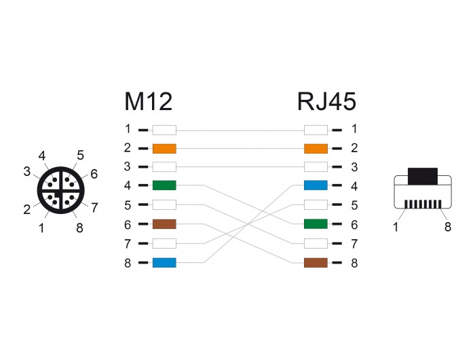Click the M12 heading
[148, 102]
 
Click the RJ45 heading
[326, 102]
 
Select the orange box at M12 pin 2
[164, 149]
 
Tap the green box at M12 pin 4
[164, 185]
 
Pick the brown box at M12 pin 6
[164, 224]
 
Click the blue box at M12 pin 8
[164, 263]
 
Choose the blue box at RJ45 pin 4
[316, 185]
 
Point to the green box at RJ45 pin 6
[316, 224]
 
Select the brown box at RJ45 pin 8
[316, 263]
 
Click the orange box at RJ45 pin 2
[316, 149]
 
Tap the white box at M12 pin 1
[164, 130]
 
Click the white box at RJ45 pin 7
[316, 244]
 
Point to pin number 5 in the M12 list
[128, 205]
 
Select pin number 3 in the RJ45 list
[354, 167]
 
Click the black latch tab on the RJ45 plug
[423, 176]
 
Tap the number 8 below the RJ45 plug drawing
[448, 227]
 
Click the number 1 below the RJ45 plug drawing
[396, 227]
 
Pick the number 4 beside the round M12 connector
[42, 156]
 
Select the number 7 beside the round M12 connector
[94, 208]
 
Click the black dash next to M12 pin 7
[143, 244]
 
